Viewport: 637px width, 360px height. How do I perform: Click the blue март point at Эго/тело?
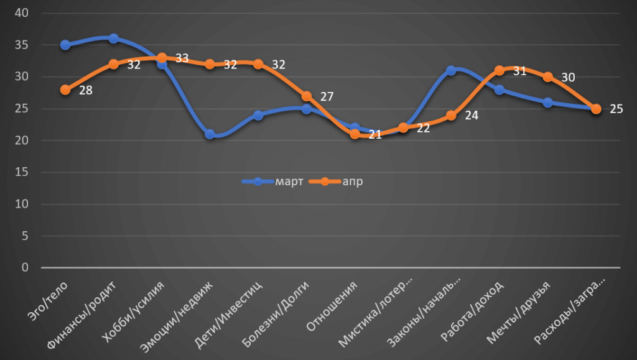click(65, 45)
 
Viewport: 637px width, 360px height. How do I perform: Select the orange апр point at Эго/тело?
click(65, 90)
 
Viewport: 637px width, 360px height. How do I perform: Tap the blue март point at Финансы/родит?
click(114, 39)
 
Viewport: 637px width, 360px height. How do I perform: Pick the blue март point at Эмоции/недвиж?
click(210, 134)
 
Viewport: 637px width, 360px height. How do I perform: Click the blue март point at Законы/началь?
click(452, 70)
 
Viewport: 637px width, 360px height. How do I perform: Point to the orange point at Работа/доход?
click(500, 71)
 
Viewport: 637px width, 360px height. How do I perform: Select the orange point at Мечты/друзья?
click(548, 77)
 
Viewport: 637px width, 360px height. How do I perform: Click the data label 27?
click(327, 96)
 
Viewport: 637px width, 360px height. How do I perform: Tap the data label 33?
click(182, 58)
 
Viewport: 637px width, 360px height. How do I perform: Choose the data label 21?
click(374, 134)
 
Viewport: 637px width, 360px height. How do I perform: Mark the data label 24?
click(472, 115)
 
